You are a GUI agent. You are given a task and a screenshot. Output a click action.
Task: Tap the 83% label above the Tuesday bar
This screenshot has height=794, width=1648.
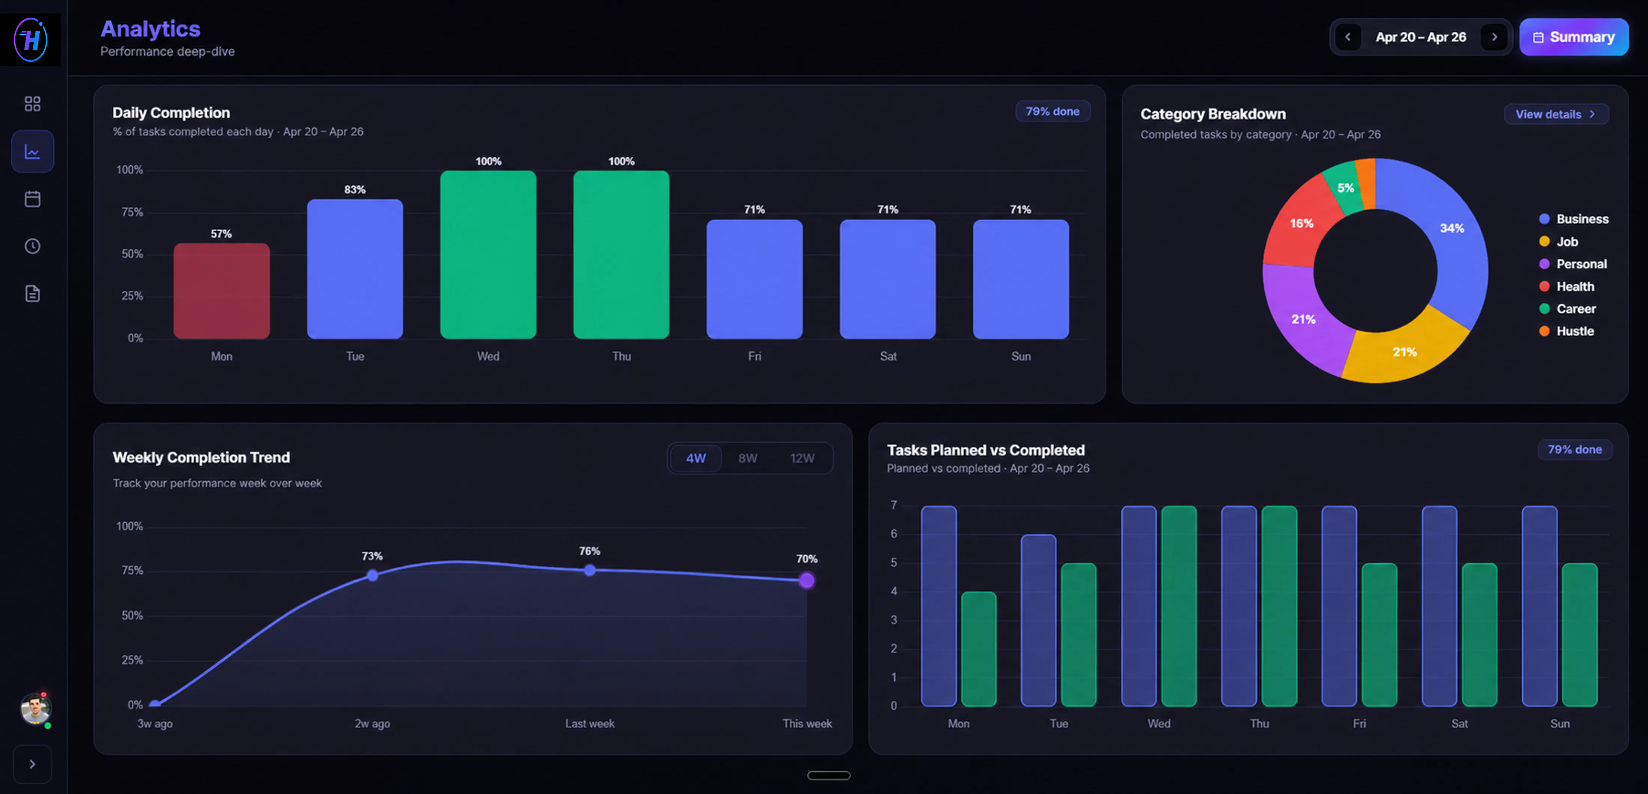(355, 189)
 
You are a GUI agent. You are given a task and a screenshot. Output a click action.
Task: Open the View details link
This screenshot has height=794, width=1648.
(1555, 114)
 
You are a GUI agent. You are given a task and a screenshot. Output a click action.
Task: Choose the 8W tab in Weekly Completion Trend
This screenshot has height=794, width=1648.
(747, 458)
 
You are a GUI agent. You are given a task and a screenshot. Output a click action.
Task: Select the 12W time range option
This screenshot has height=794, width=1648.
(802, 458)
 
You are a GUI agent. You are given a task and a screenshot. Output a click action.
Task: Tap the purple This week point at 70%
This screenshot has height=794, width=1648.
(807, 580)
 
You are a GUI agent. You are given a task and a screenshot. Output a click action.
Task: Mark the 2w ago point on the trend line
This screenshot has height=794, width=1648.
(372, 575)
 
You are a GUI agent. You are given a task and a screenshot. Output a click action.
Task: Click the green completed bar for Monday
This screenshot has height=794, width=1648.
(978, 649)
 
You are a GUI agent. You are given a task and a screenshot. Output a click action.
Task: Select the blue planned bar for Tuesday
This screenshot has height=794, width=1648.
(1038, 620)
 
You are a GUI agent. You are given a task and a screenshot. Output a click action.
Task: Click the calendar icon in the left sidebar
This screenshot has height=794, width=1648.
(33, 199)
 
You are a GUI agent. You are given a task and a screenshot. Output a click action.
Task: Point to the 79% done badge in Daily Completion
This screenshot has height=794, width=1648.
(1052, 111)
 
